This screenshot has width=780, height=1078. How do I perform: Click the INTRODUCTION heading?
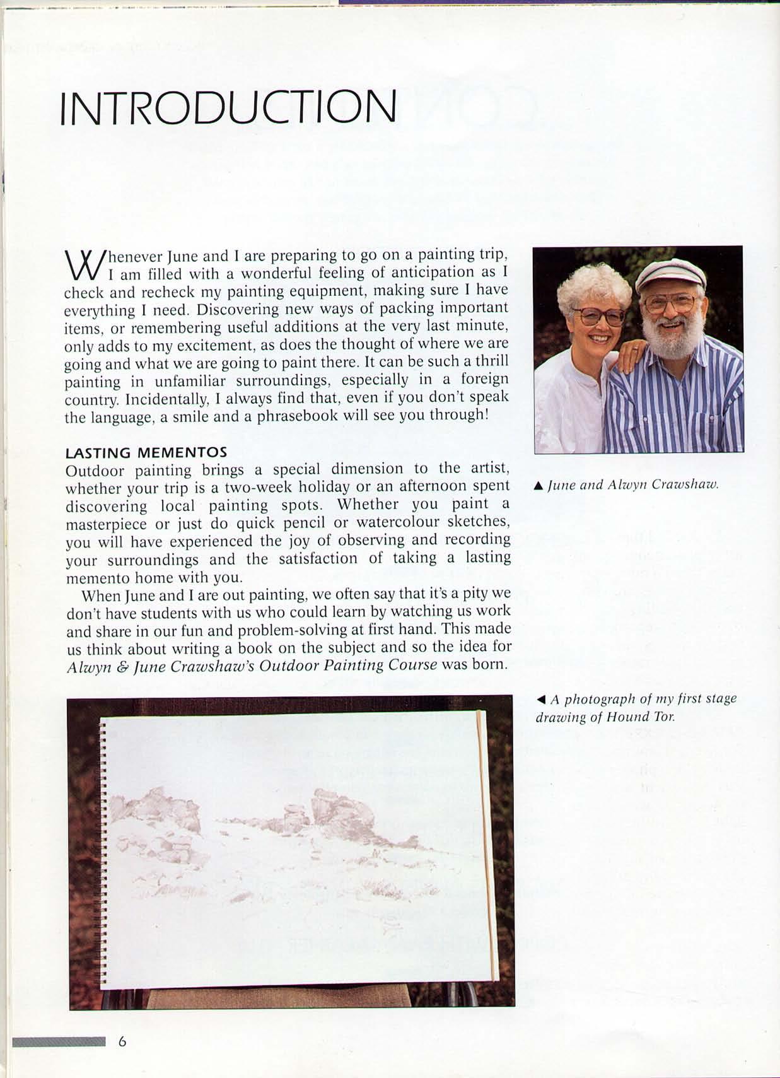tap(228, 107)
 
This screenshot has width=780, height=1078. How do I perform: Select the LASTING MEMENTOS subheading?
tap(146, 452)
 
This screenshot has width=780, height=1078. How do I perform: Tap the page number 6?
tap(122, 1041)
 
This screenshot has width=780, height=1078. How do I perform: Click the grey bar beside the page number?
tap(59, 1041)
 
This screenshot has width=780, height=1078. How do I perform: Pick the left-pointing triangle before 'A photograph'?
tap(541, 699)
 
